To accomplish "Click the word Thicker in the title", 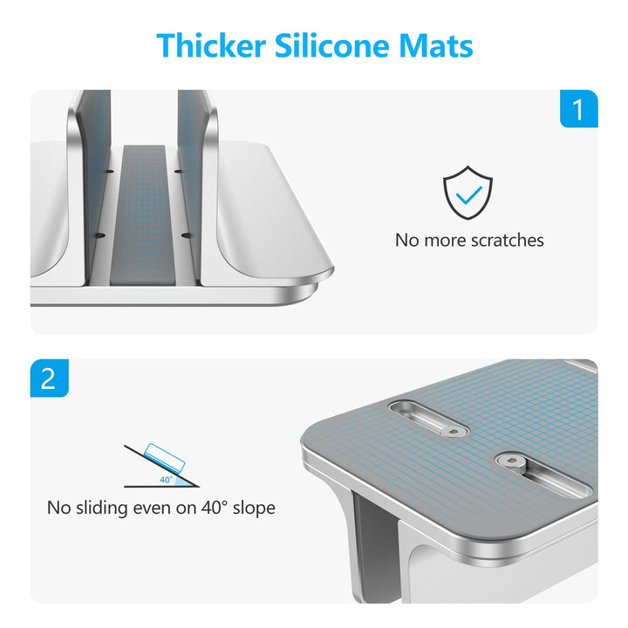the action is pyautogui.click(x=211, y=45).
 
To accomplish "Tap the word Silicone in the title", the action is pyautogui.click(x=332, y=45).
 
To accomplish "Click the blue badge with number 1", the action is pyautogui.click(x=579, y=108).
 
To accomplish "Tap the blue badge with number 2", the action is pyautogui.click(x=49, y=378).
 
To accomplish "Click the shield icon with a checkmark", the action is pyautogui.click(x=468, y=193).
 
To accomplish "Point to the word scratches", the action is pyautogui.click(x=507, y=241).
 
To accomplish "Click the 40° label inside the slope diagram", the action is pyautogui.click(x=166, y=480).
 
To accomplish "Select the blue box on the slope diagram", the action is pyautogui.click(x=165, y=458).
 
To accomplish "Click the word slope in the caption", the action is pyautogui.click(x=254, y=509).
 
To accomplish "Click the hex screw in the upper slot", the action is pyautogui.click(x=454, y=432).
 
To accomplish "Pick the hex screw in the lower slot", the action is pyautogui.click(x=510, y=461).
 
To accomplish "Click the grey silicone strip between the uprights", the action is pyautogui.click(x=143, y=215).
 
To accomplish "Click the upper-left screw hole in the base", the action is pyautogui.click(x=110, y=172).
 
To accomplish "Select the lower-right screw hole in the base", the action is pyautogui.click(x=186, y=235).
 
